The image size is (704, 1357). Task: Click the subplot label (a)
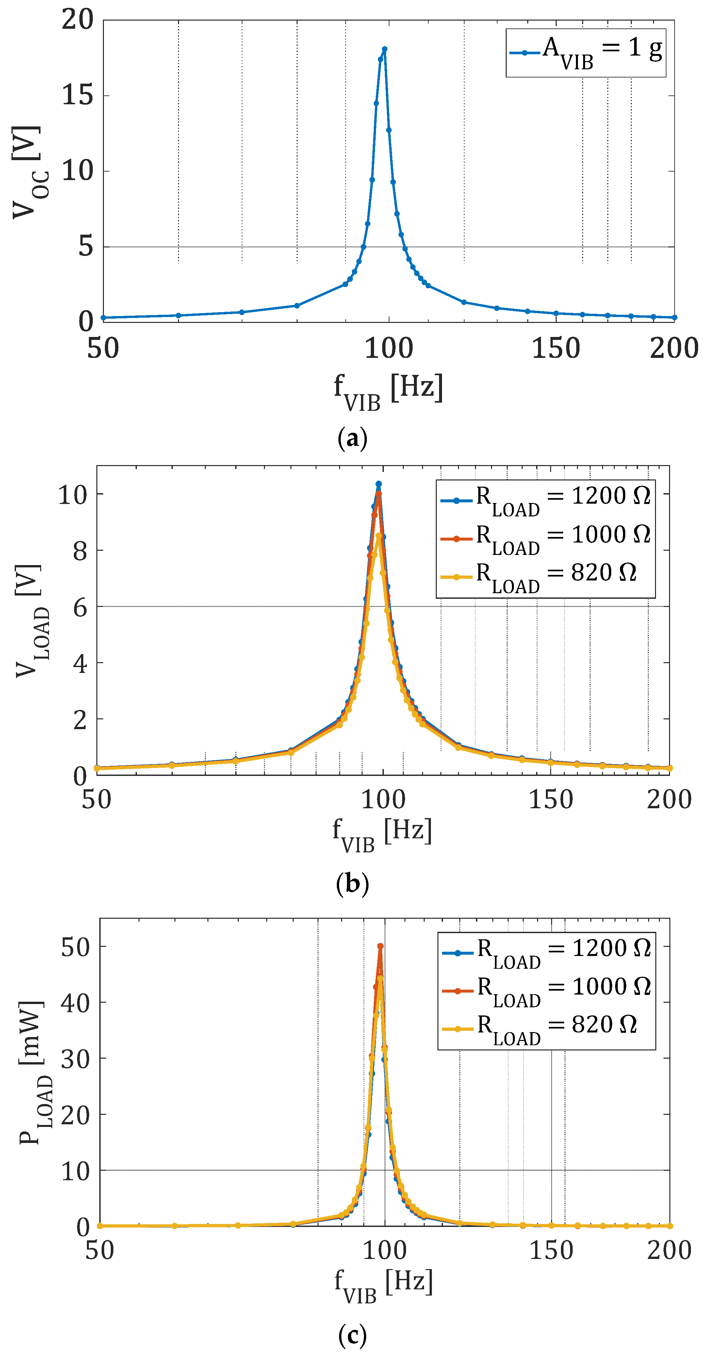click(x=352, y=438)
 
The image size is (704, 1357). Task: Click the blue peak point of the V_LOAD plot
click(x=379, y=484)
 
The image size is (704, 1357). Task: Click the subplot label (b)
click(x=352, y=883)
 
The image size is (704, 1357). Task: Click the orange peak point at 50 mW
click(x=380, y=947)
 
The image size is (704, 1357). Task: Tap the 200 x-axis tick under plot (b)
click(x=669, y=800)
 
